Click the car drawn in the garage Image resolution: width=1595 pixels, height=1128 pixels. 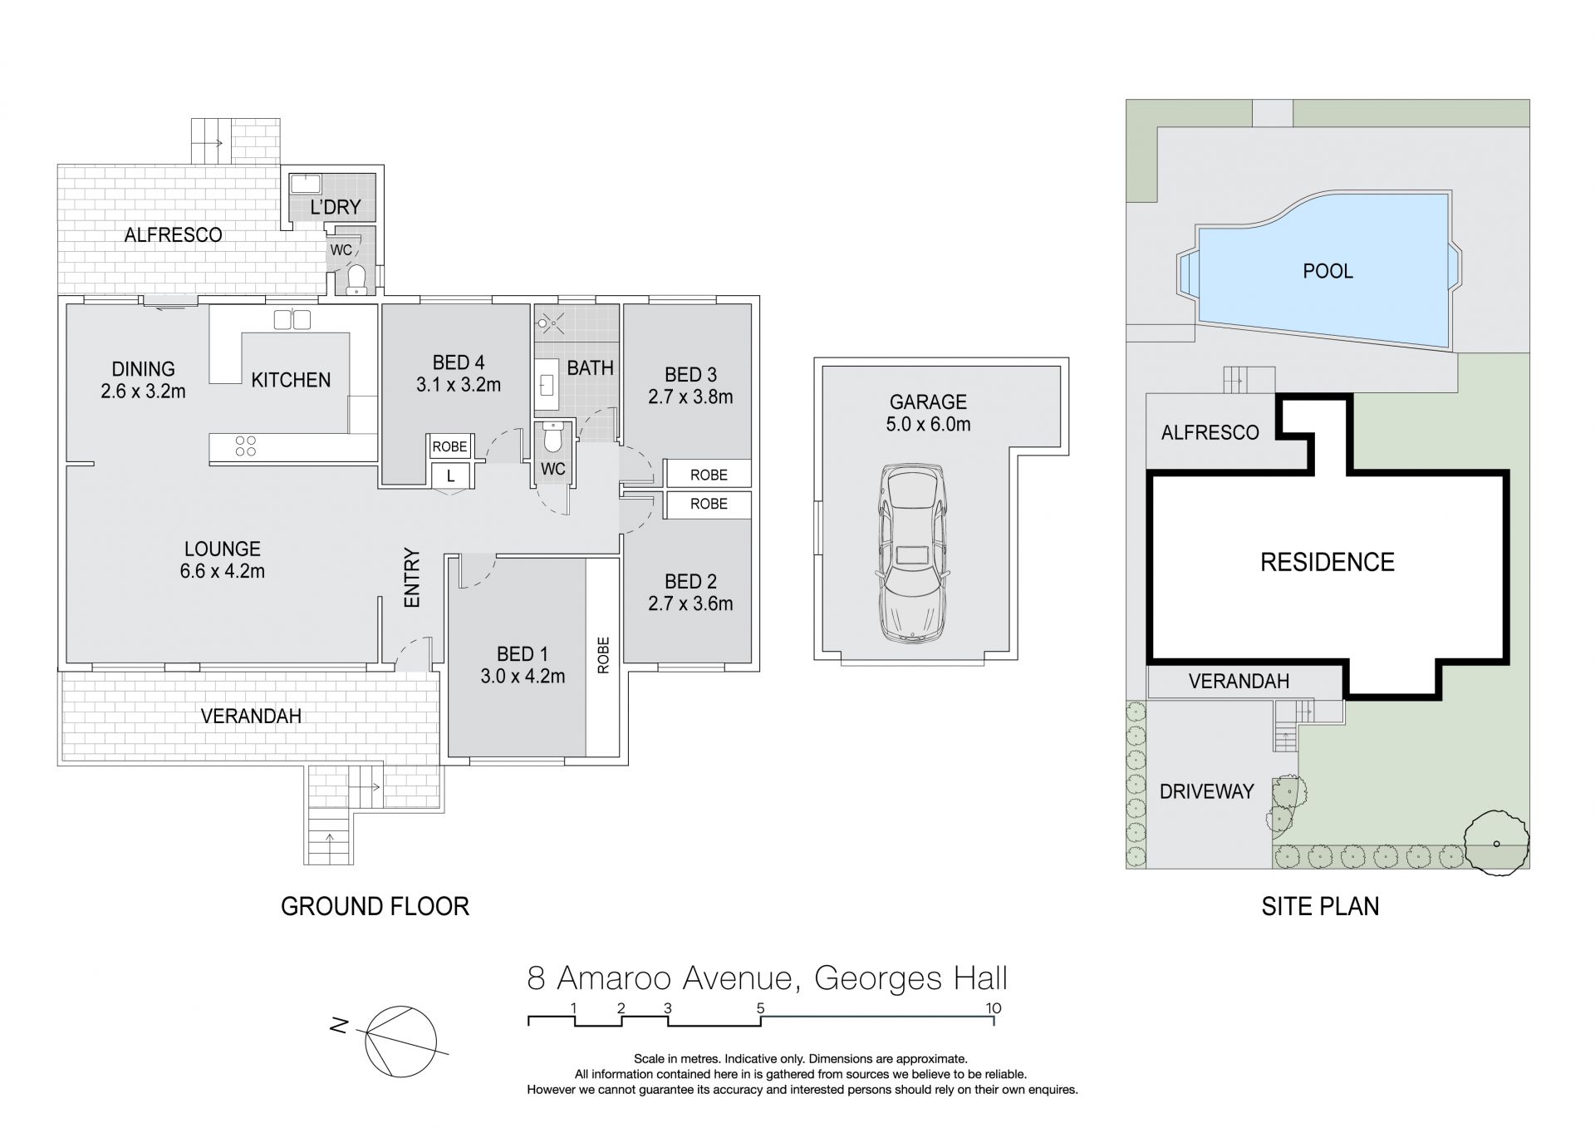tap(910, 552)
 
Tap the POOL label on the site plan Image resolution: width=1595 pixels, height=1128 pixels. tap(1328, 271)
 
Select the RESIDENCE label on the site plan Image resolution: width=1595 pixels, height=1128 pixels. tap(1327, 562)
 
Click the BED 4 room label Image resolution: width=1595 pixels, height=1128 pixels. tap(458, 362)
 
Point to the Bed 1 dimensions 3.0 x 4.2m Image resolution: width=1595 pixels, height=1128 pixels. tap(523, 677)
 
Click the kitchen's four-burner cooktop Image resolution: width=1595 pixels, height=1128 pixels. tap(245, 446)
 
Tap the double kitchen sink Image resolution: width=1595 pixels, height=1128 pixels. tap(292, 319)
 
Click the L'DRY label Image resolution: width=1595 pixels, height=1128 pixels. tap(336, 207)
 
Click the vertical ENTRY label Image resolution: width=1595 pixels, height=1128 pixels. tap(412, 577)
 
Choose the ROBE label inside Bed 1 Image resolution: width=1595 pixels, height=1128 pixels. tap(602, 655)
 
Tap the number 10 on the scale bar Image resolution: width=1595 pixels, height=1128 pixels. tap(994, 1008)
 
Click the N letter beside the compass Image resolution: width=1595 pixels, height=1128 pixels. tap(338, 1027)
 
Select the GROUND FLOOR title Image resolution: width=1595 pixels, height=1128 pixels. tap(375, 906)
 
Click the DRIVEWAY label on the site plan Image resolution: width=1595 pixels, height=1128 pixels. tap(1206, 791)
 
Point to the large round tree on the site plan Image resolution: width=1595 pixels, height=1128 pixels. tap(1495, 844)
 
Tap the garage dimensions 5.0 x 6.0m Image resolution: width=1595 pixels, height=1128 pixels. tap(928, 424)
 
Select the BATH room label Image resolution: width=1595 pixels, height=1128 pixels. tap(590, 367)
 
